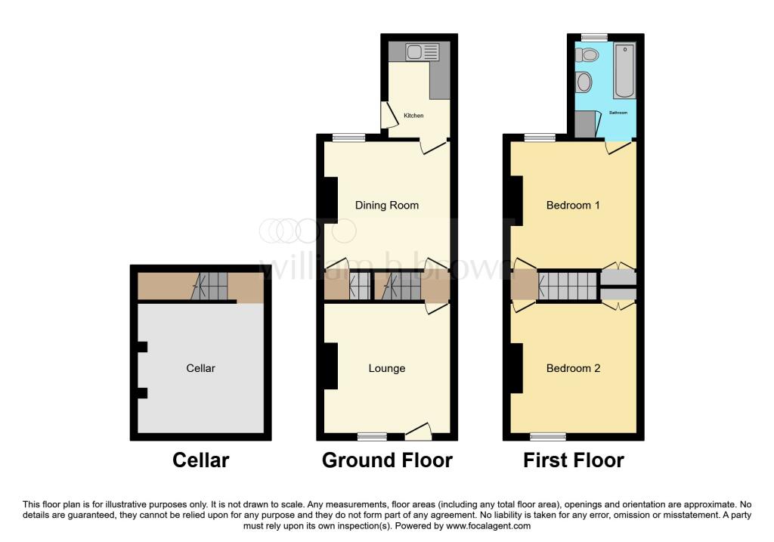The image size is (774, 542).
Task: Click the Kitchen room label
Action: click(413, 116)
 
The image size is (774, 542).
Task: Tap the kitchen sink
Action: click(422, 52)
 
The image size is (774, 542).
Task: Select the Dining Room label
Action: click(387, 205)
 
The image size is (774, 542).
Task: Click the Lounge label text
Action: click(387, 368)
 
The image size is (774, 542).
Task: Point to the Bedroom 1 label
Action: click(573, 205)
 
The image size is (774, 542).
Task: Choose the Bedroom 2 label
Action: click(573, 368)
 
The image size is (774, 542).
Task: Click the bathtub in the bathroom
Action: click(625, 71)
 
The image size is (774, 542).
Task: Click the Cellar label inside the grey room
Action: click(201, 368)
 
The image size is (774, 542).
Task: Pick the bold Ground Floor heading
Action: click(387, 460)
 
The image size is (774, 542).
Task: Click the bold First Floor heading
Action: click(573, 460)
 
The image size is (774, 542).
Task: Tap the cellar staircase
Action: click(210, 286)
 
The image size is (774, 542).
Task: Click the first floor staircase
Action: click(568, 286)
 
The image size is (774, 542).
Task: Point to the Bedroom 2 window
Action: click(548, 436)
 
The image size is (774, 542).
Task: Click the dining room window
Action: click(348, 138)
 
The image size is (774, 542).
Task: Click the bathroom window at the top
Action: click(594, 36)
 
